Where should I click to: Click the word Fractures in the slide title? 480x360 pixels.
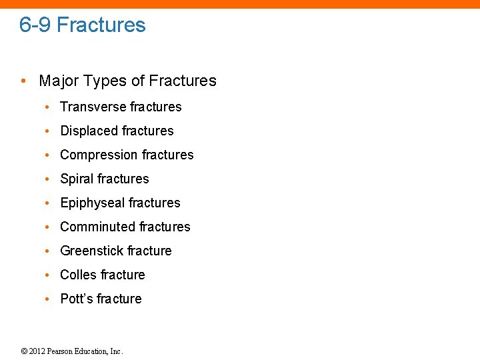coord(101,25)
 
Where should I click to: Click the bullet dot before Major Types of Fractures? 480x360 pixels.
coord(23,81)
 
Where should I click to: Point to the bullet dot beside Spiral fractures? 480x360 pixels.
coord(47,179)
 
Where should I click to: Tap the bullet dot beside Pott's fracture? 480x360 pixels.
coord(47,299)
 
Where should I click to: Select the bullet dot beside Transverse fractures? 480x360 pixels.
coord(47,107)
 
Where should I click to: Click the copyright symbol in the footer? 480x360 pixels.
coord(24,351)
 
